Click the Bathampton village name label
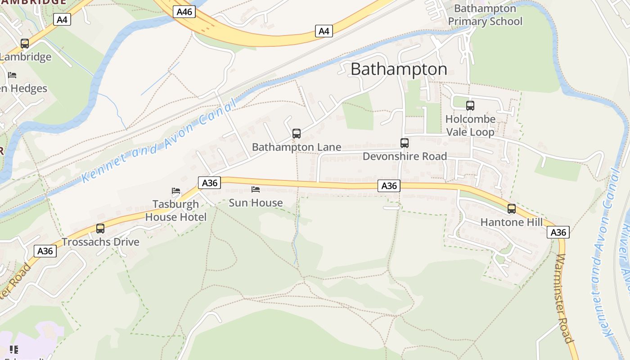click(399, 69)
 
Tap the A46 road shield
click(184, 12)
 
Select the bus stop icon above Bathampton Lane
click(297, 133)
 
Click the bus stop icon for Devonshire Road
click(405, 143)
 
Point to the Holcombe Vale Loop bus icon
click(470, 106)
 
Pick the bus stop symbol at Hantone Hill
click(512, 209)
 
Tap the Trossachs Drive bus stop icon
click(100, 229)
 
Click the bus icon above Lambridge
click(25, 44)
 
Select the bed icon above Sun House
click(256, 189)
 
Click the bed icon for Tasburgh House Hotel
click(176, 191)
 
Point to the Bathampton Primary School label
click(485, 15)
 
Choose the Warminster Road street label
click(564, 299)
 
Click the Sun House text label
click(256, 203)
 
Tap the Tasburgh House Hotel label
click(175, 211)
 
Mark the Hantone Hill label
click(512, 222)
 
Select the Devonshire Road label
click(405, 156)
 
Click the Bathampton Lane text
click(297, 147)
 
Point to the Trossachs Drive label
click(100, 242)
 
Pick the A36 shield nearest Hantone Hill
click(558, 232)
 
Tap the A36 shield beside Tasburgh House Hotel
click(209, 183)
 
